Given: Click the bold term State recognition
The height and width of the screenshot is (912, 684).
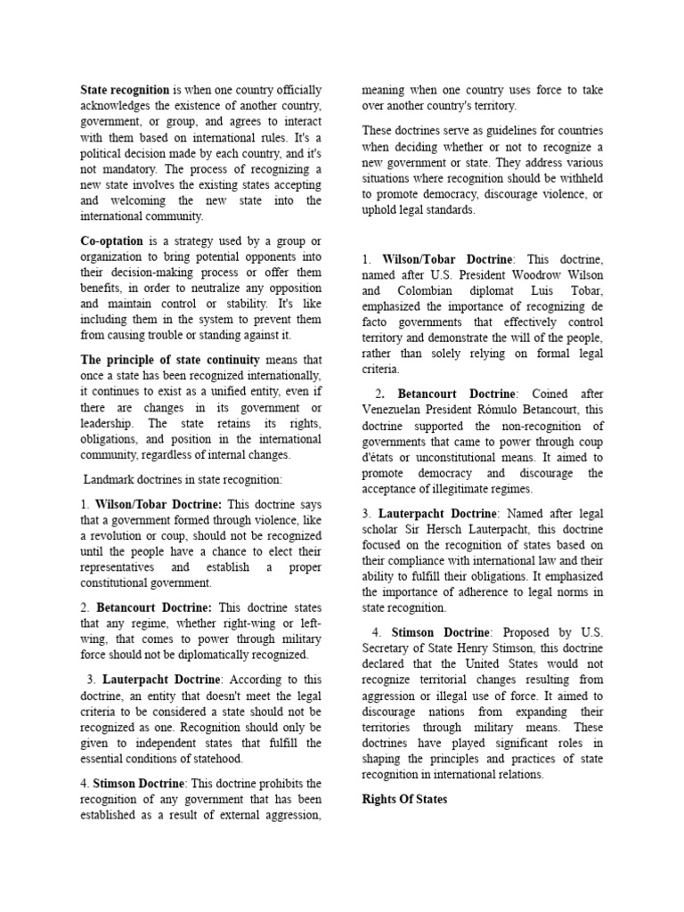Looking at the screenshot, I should coord(125,90).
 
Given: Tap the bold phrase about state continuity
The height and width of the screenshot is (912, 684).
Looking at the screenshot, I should coord(171,360).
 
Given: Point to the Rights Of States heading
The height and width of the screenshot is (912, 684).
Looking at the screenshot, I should coord(404,799).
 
